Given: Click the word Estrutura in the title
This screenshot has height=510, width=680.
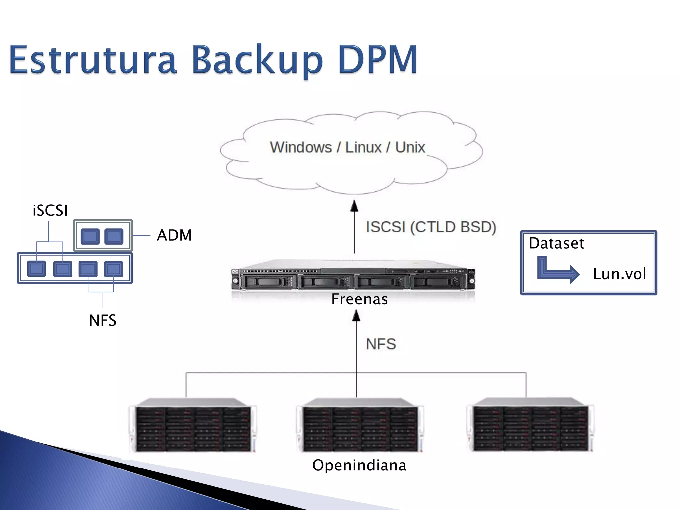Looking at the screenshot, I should [93, 60].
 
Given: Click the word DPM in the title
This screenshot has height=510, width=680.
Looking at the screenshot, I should [378, 60].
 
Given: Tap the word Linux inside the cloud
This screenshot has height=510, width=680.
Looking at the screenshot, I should [363, 147].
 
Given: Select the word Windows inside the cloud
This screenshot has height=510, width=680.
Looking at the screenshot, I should [301, 147].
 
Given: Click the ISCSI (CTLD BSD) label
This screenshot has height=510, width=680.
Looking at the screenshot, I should [431, 227].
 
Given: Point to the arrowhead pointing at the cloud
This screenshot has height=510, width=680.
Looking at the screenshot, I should [354, 206].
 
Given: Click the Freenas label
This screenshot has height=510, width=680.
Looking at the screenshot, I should [360, 299].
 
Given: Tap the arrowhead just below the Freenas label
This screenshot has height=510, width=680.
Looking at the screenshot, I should [356, 316].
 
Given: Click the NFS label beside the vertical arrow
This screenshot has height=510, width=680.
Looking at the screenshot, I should [381, 344].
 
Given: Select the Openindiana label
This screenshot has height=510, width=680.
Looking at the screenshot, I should [359, 465].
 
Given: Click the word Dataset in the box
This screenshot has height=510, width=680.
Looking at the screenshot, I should [556, 243].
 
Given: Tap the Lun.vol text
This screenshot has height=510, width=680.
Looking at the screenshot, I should [620, 274].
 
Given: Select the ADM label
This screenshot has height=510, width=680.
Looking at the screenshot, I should [174, 235].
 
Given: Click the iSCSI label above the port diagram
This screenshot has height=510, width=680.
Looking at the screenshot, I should [50, 211].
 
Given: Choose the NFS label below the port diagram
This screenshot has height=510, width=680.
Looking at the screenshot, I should [103, 321].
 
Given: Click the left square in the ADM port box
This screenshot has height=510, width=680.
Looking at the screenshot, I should [90, 236].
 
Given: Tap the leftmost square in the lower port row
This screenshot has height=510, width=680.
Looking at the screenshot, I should [37, 269].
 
